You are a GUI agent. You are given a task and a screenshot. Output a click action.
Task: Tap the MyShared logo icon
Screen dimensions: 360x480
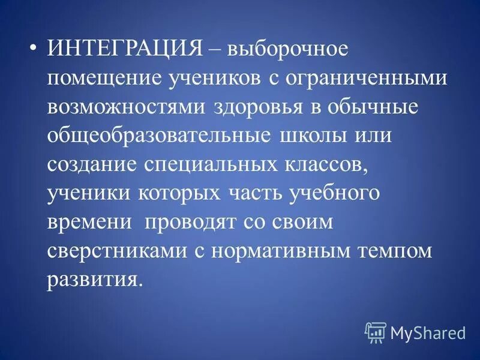point(376,331)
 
